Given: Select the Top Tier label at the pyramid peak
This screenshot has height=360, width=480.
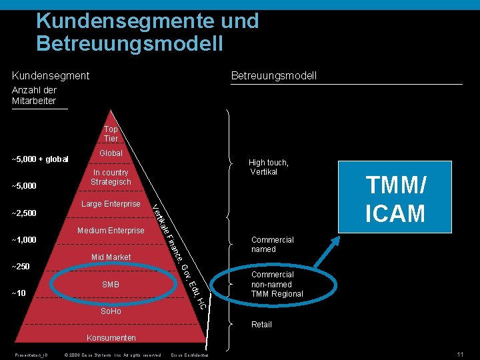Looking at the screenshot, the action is pos(111,134).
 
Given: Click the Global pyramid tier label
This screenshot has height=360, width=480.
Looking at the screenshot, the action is pos(111,153).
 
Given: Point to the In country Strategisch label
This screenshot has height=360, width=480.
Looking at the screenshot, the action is pos(111,177).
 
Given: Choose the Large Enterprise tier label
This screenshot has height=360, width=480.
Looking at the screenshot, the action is pos(110,204).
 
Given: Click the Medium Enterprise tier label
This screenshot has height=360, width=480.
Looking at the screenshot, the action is pos(111,231).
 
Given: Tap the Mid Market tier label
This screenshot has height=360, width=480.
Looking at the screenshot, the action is pos(111,257).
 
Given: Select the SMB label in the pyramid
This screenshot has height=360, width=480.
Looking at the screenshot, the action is pos(111,285).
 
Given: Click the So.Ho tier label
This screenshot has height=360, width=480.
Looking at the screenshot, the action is pos(111,311).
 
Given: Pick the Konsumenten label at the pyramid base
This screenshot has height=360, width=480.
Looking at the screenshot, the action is pos(111,338).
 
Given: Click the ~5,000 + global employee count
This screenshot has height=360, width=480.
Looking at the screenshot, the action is pos(41,159).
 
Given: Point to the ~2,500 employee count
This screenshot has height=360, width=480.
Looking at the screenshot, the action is pos(24,213).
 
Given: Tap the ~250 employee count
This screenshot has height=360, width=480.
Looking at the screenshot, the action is pos(21,267).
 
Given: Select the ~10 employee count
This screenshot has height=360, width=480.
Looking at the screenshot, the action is pos(19,293).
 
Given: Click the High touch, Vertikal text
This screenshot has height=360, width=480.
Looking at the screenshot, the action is pos(269,167).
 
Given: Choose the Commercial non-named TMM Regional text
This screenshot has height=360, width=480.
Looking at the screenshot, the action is pos(277,285).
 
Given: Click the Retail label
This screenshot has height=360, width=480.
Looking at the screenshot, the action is pos(261,325).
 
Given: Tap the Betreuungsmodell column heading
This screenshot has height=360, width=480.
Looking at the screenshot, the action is pos(273,76).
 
